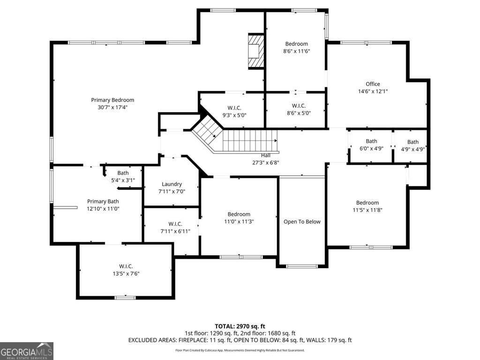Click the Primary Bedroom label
point(112,100)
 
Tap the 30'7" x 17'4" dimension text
point(112,107)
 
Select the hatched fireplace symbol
point(256,51)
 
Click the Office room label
point(373,84)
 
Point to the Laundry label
point(172,184)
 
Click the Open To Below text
point(302,222)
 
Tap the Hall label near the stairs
point(265,156)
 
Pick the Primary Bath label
point(103,202)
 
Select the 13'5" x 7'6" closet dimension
point(126,274)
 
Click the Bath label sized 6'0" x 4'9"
point(371,141)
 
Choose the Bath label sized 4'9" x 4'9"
point(412,142)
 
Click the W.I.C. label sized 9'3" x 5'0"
point(234,108)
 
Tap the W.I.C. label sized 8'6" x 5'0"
point(299,105)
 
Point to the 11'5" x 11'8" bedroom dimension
point(367,210)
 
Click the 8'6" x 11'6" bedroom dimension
point(296,51)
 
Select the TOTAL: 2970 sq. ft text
point(240,326)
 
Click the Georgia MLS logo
point(27,351)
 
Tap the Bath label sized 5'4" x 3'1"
point(123,173)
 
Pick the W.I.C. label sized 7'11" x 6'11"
point(175,224)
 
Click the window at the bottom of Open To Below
point(302,266)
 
